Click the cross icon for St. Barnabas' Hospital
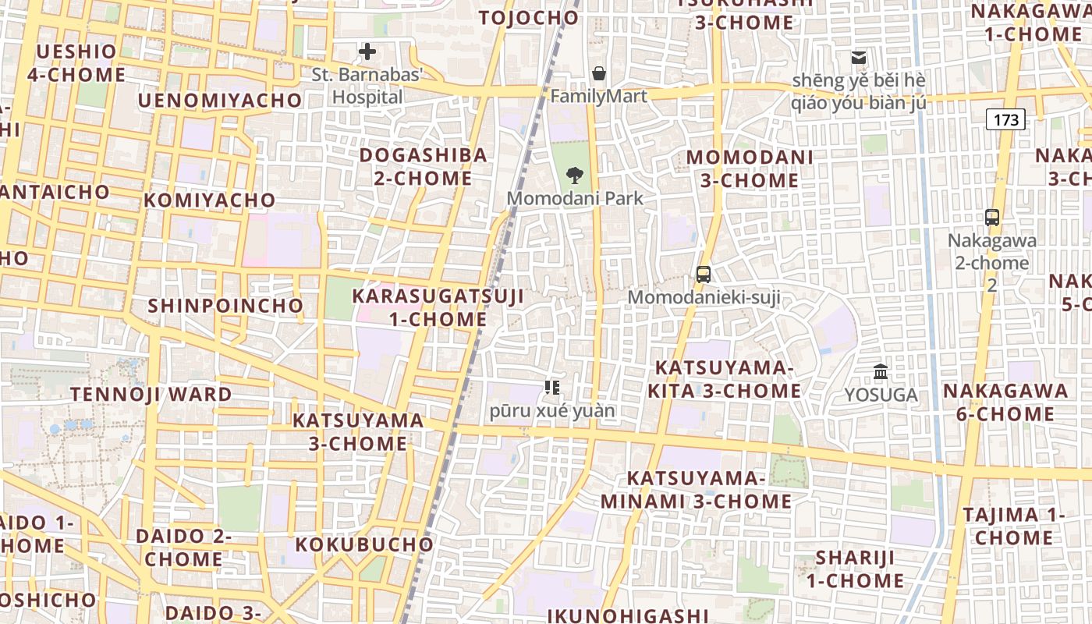367,52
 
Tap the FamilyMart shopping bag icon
599,73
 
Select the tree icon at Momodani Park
576,175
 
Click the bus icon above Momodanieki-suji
704,274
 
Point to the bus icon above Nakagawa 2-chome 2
992,218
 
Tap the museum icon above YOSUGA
881,372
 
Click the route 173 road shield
1006,119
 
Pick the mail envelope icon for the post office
859,58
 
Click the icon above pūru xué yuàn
552,387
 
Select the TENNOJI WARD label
151,395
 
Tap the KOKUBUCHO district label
364,544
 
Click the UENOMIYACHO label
220,101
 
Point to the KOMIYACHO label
210,200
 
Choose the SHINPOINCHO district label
225,306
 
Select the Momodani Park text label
576,198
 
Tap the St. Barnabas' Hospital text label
367,86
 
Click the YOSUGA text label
881,395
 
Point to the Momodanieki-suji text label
704,297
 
